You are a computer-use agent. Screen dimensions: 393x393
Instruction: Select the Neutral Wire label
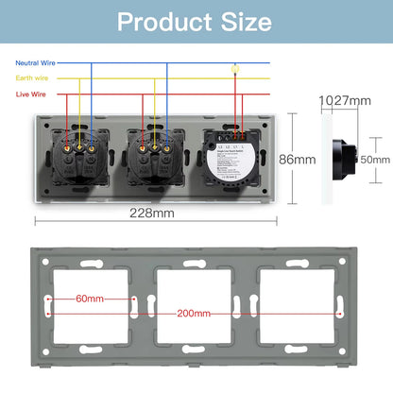[x=36, y=62]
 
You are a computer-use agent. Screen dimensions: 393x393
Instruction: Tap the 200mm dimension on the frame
[x=192, y=312]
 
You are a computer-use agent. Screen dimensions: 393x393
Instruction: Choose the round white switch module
[x=231, y=161]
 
